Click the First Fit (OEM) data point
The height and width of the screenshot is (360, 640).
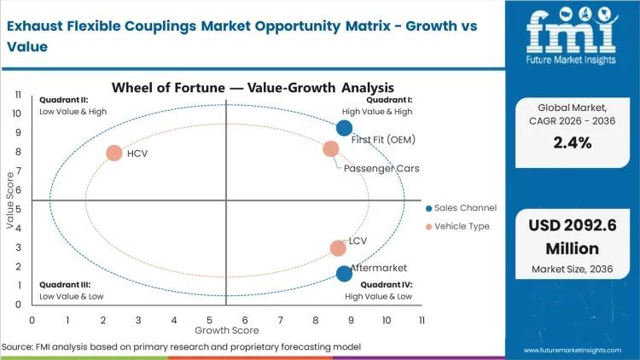[x=344, y=128]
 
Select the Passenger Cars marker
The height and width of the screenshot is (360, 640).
[x=331, y=149]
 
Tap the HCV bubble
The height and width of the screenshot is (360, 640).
[x=114, y=154]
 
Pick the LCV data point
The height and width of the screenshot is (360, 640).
[x=338, y=248]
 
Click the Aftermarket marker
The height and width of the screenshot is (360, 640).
[x=344, y=274]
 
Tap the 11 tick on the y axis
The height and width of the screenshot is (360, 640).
[x=18, y=95]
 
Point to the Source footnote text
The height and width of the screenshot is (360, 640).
[x=181, y=347]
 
